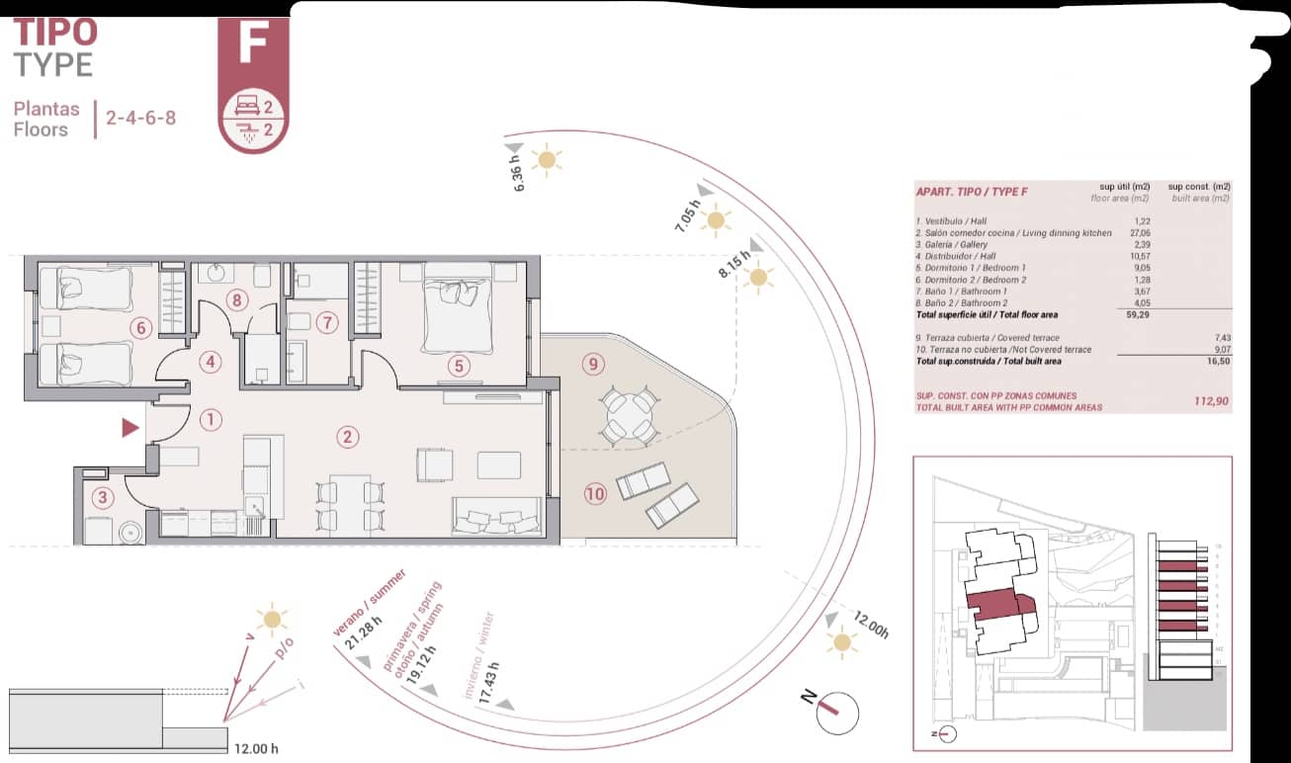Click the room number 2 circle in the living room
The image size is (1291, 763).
point(346,436)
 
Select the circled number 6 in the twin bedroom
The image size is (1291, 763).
point(140,327)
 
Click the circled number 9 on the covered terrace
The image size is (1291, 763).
point(593,365)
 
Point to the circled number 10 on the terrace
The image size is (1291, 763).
point(594,493)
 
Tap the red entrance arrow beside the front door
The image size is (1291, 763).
point(129,428)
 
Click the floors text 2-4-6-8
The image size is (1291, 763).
point(141,119)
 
